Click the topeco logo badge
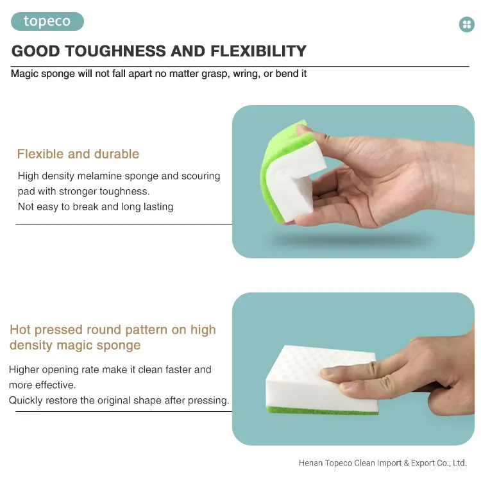(x=47, y=21)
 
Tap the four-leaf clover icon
(x=467, y=24)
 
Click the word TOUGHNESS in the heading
(x=115, y=51)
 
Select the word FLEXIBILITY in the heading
(x=258, y=51)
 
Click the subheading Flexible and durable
(x=78, y=154)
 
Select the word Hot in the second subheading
(x=21, y=330)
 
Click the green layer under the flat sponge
(x=322, y=410)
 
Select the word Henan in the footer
(x=310, y=463)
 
